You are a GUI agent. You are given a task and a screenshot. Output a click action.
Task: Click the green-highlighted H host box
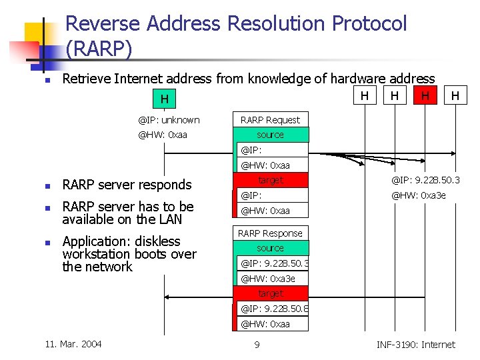[x=164, y=99]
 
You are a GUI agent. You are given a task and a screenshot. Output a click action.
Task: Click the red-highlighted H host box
[x=425, y=96]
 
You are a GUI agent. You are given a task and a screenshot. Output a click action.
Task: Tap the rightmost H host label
[x=455, y=96]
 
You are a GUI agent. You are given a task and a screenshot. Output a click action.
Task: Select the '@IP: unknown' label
[x=169, y=120]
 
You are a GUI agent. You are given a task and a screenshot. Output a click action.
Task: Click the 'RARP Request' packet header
[x=270, y=120]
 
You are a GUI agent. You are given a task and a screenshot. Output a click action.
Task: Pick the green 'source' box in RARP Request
[x=270, y=135]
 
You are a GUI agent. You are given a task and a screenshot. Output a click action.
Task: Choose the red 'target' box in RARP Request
[x=270, y=180]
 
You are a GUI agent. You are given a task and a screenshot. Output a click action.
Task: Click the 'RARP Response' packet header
[x=270, y=233]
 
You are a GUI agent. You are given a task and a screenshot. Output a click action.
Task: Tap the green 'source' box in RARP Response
[x=270, y=248]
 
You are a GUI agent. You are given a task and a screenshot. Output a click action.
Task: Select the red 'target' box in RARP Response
[x=270, y=293]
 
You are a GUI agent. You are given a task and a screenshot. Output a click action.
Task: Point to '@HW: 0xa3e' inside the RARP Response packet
[x=267, y=279]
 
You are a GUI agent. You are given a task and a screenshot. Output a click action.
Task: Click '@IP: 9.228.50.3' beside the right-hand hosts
[x=425, y=180]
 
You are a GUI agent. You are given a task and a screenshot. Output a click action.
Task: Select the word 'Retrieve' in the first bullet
[x=86, y=79]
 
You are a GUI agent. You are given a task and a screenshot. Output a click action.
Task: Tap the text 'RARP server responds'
[x=127, y=185]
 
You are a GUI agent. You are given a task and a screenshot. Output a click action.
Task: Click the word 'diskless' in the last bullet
[x=157, y=241]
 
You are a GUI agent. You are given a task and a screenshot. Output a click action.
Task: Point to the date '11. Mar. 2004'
[x=73, y=344]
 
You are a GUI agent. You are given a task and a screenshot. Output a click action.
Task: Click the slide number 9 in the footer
[x=257, y=345]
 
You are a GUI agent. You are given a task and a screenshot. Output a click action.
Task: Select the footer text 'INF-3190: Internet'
[x=415, y=345]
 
